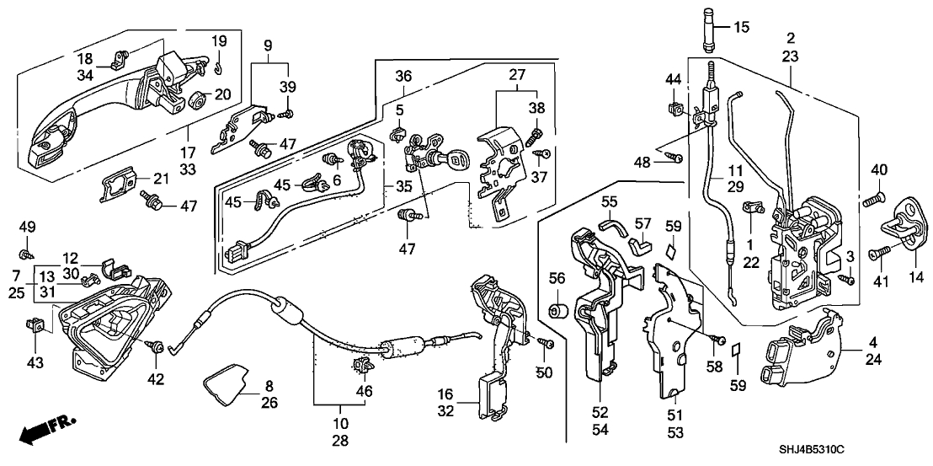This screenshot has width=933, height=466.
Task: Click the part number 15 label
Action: [x=740, y=27]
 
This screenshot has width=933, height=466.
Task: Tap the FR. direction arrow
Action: [x=47, y=429]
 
